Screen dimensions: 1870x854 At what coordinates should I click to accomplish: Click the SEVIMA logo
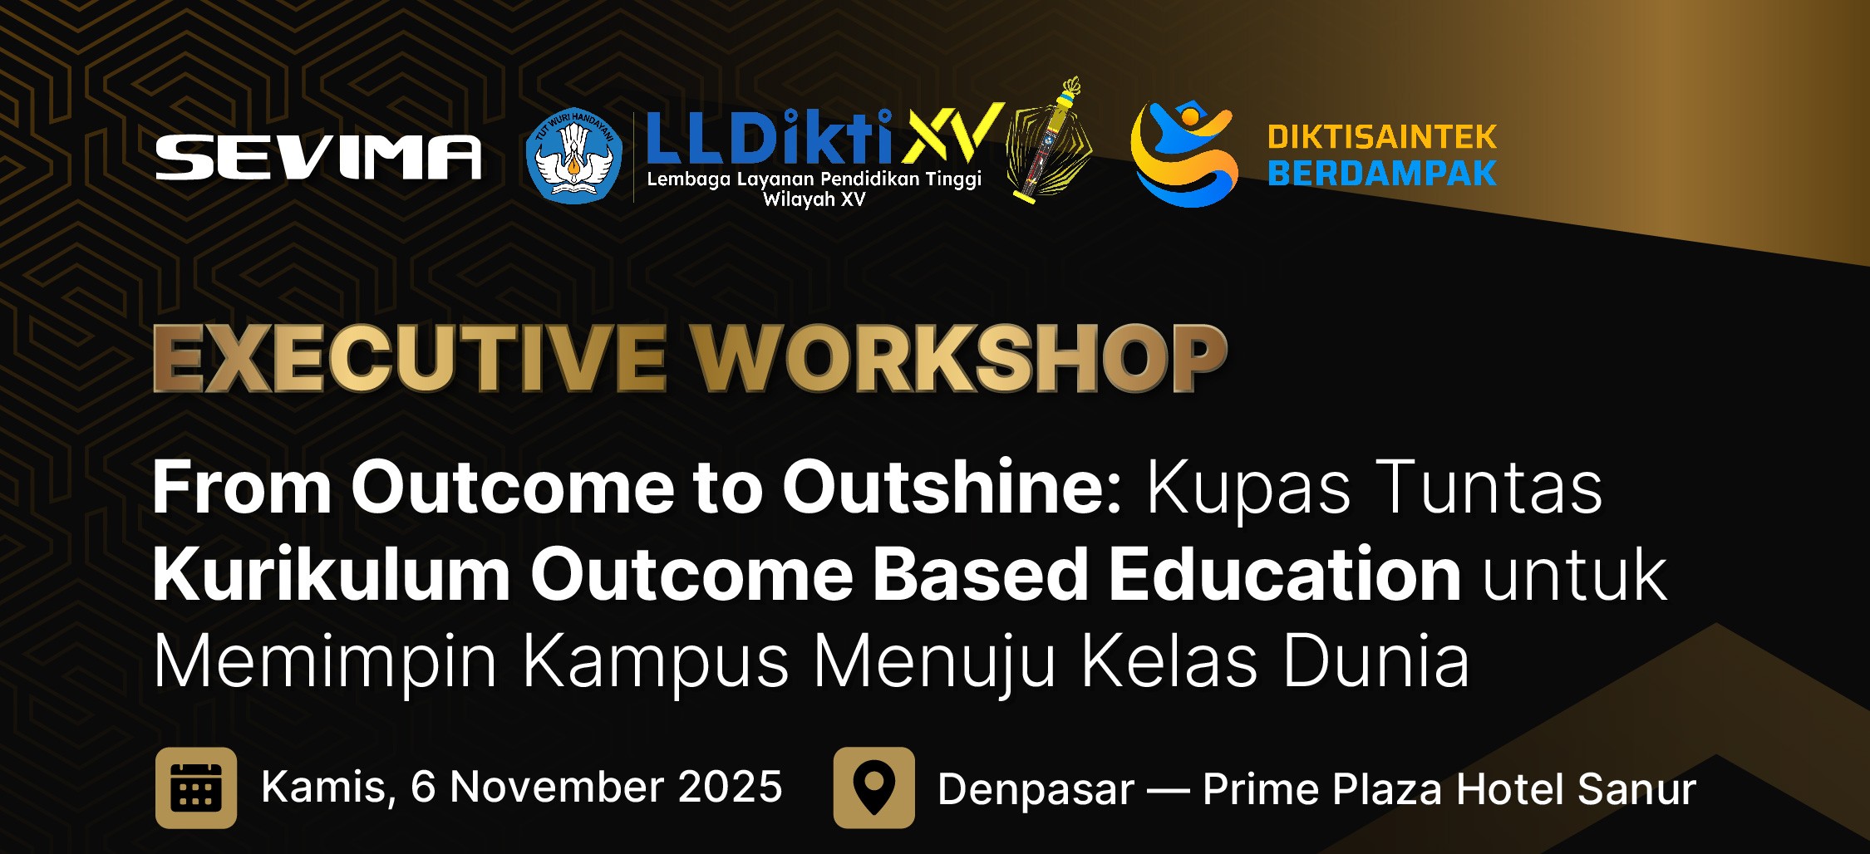coord(318,157)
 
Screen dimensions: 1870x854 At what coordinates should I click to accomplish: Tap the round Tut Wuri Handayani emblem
coord(573,156)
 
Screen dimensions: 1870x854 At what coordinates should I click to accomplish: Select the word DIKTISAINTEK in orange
coord(1382,137)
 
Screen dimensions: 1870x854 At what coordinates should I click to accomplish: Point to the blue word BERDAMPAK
coord(1382,173)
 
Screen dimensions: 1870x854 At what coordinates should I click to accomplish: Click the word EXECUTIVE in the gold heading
coord(410,358)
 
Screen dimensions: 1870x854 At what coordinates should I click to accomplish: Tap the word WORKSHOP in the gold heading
coord(960,358)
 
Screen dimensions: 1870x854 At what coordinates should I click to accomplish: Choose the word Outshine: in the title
coord(952,488)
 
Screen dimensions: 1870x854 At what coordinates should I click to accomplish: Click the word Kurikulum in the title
coord(332,575)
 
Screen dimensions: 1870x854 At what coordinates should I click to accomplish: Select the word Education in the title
coord(1285,575)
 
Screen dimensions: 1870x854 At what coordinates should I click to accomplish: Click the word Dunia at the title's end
coord(1376,661)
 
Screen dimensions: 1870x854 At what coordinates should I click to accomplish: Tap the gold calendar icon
coord(196,788)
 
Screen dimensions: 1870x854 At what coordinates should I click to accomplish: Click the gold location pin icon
coord(874,788)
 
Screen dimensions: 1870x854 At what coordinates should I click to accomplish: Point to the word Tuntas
coord(1489,488)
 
